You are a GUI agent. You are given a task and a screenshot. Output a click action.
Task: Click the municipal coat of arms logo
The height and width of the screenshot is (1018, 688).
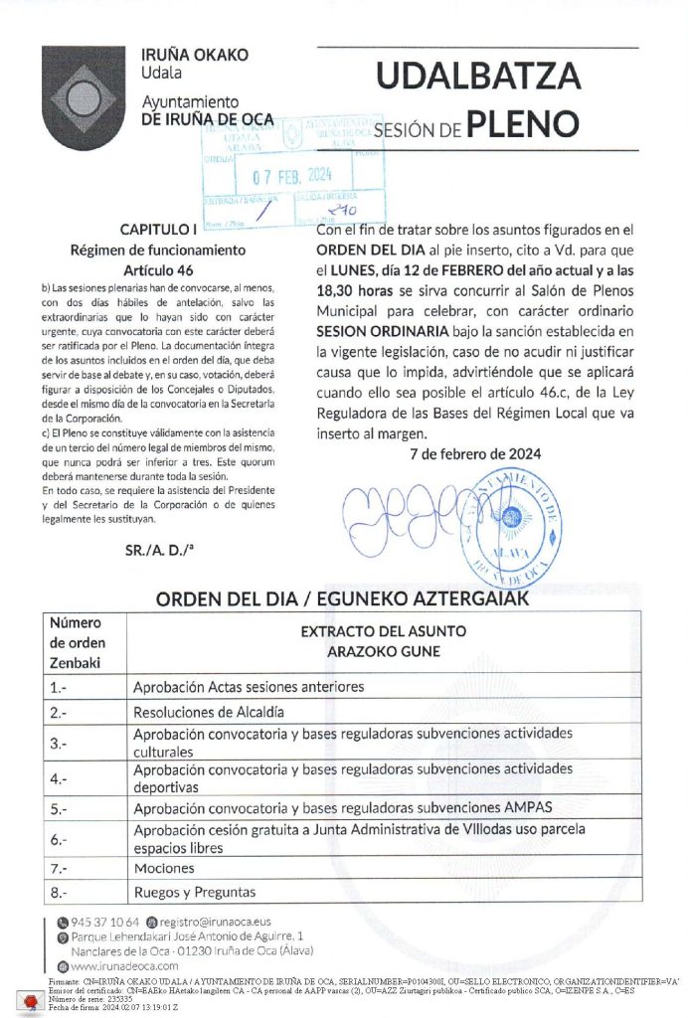(x=84, y=97)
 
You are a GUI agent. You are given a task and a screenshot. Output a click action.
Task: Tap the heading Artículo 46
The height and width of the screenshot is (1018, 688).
(x=158, y=269)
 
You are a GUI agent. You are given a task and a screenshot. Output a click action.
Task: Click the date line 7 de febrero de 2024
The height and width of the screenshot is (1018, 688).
(x=475, y=453)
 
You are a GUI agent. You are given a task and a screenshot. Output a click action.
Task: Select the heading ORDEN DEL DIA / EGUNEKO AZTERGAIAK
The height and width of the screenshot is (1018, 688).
(x=341, y=599)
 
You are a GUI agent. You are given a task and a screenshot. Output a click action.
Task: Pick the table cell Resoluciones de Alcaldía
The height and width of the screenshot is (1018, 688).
(x=209, y=712)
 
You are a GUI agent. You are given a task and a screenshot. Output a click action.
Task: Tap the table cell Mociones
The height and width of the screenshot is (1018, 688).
(x=164, y=868)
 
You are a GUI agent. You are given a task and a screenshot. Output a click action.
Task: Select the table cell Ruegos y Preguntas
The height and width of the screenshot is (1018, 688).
(x=195, y=892)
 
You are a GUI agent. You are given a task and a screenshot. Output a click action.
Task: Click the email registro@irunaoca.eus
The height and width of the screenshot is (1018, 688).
(x=215, y=923)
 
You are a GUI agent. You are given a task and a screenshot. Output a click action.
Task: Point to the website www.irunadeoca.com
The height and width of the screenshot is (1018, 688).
(x=124, y=965)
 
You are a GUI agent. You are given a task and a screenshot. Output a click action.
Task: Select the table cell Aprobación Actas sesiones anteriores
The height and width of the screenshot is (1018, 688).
(x=236, y=687)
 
